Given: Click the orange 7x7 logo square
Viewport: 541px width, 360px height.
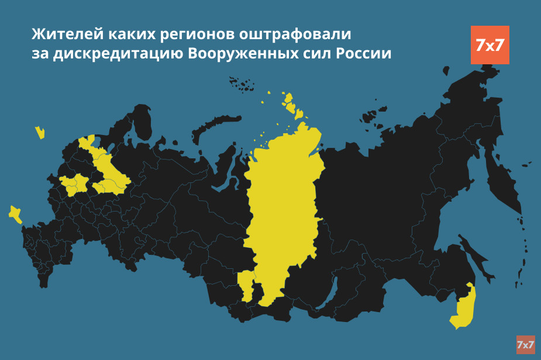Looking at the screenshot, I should click(x=490, y=45).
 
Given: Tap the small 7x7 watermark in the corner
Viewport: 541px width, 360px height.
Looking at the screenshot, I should click(x=525, y=345).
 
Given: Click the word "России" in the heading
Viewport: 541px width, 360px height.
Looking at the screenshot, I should click(x=362, y=53).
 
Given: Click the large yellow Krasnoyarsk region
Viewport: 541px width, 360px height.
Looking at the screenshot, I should click(x=284, y=205).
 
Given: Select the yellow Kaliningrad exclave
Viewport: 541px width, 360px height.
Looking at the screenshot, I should click(x=40, y=132).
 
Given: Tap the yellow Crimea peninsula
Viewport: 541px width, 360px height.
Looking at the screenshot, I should click(x=15, y=214).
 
